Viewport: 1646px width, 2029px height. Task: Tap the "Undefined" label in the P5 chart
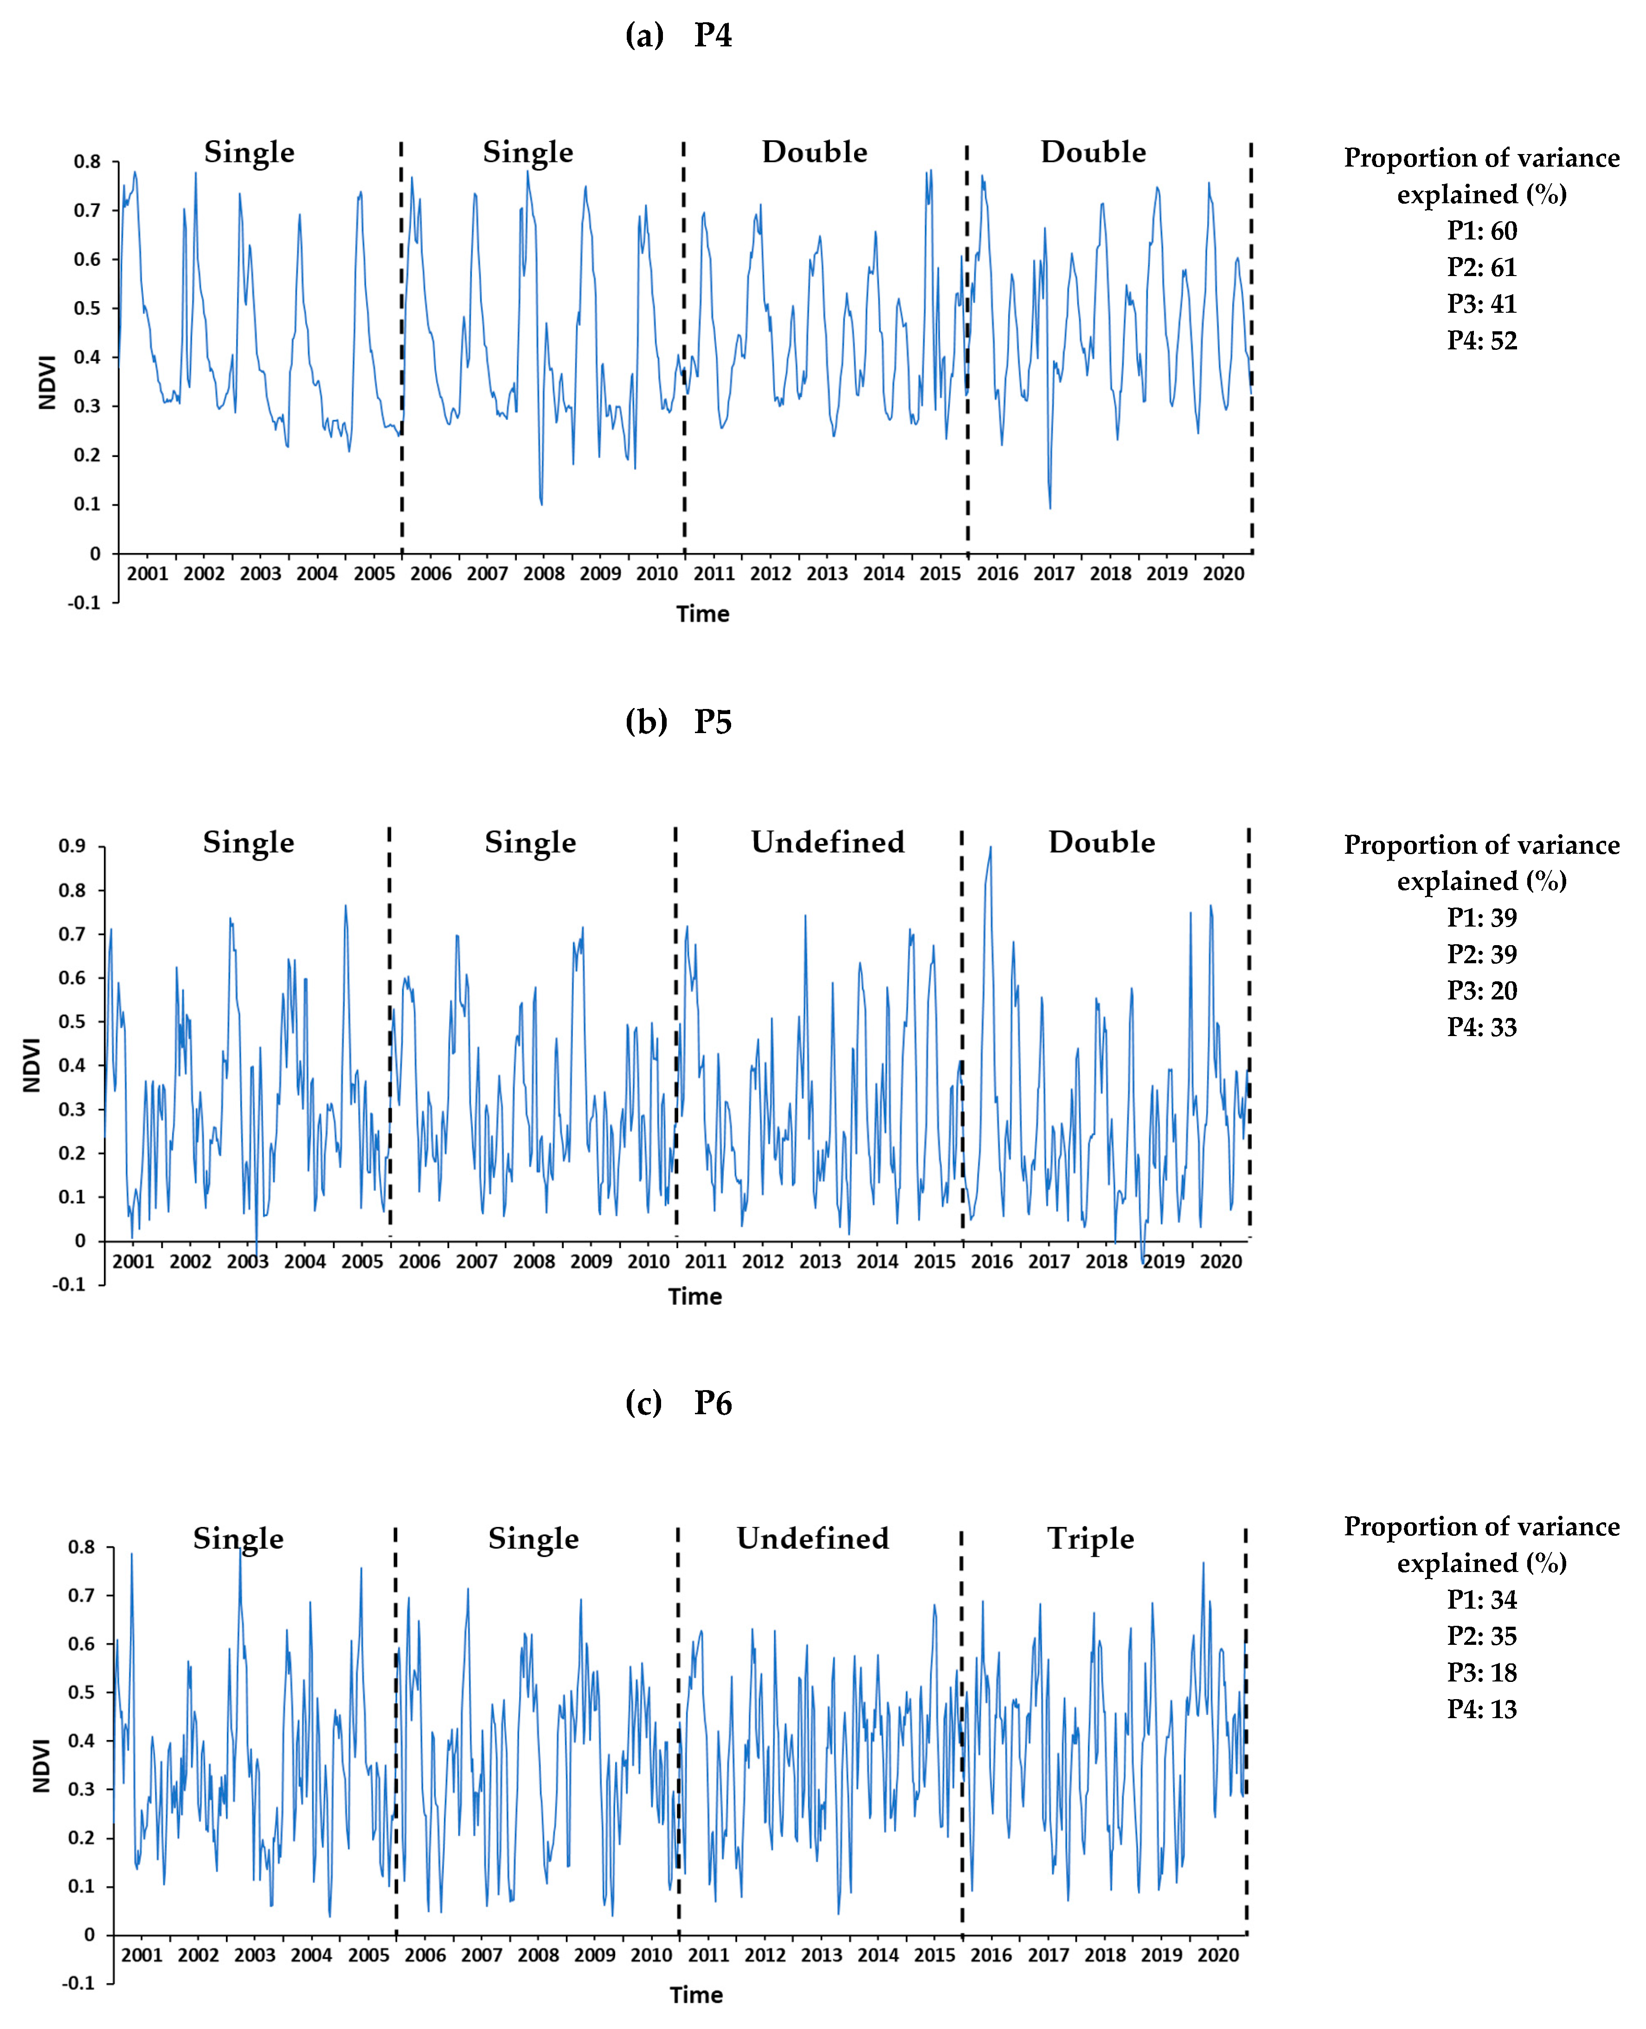click(828, 842)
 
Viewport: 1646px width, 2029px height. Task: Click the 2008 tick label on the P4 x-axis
click(543, 573)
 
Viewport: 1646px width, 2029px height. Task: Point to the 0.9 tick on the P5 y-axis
click(72, 846)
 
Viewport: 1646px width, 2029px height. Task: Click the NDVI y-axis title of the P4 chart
click(47, 382)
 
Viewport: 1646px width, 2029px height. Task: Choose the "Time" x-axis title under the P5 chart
click(695, 1296)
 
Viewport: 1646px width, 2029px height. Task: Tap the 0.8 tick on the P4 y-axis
click(87, 162)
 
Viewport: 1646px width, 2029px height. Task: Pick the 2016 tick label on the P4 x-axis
click(997, 573)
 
